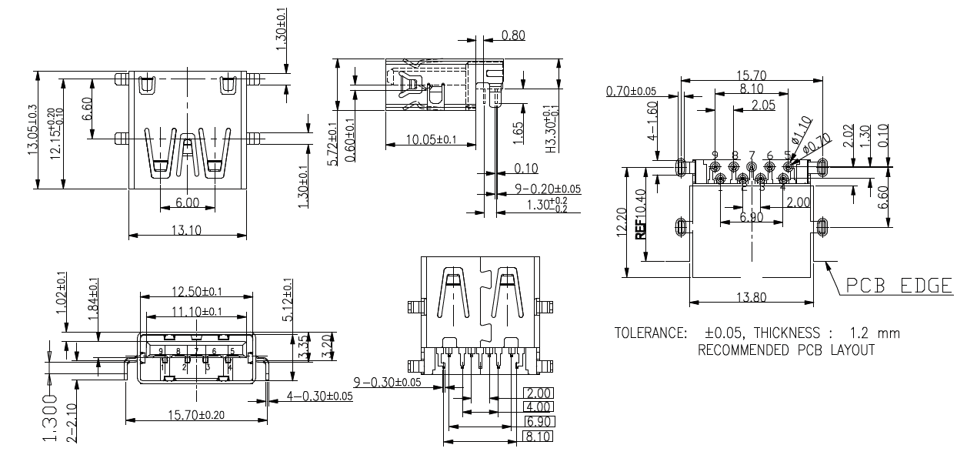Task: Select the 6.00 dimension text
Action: point(187,202)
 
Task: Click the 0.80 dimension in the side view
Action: point(513,35)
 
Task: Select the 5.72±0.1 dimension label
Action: point(332,147)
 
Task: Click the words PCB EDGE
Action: point(898,286)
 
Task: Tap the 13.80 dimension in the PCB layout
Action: point(751,296)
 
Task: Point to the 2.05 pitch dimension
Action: point(763,105)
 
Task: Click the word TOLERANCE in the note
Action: point(650,334)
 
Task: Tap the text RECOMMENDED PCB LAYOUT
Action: point(785,350)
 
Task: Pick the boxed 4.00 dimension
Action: point(538,406)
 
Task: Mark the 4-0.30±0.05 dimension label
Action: point(319,396)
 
